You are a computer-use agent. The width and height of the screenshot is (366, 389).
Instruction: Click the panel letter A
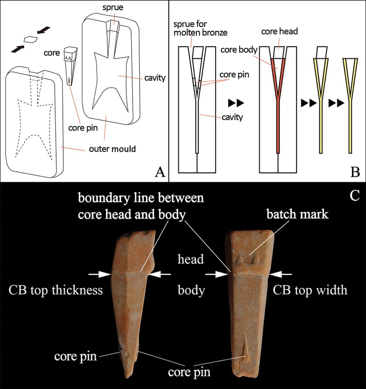[x=160, y=173]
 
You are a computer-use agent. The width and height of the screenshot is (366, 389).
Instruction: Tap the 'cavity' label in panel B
[x=227, y=118]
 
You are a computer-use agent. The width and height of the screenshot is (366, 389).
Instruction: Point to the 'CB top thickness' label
[x=56, y=290]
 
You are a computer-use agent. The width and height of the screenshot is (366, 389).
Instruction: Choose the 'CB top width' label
[x=309, y=290]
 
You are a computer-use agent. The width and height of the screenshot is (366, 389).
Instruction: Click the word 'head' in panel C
[x=190, y=259]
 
